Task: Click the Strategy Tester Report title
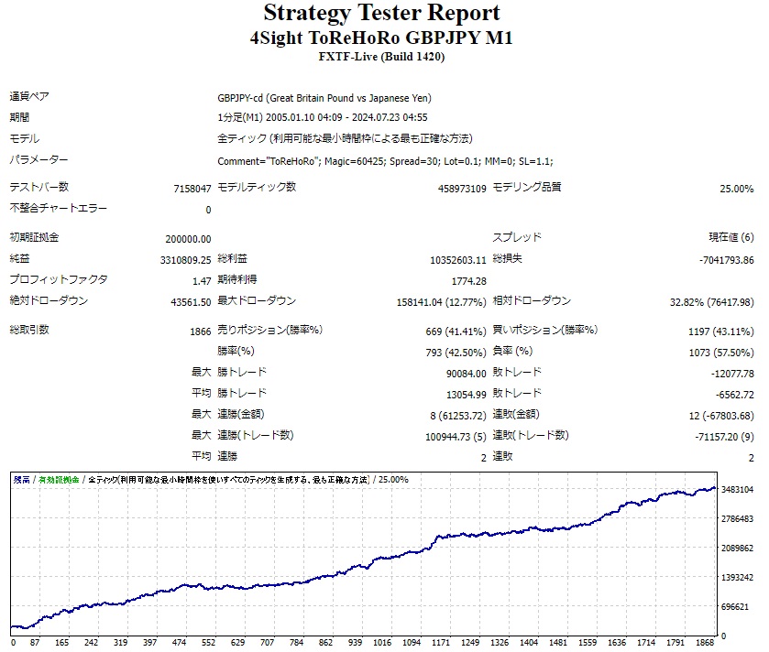pos(381,14)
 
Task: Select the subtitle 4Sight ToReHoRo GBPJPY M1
pos(381,38)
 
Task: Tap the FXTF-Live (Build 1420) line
pos(381,57)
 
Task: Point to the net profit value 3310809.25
pos(185,259)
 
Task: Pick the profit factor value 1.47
pos(202,280)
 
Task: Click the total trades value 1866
pos(200,331)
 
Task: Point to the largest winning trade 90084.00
pos(466,373)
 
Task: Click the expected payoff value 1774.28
pos(469,280)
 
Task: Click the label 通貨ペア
pos(29,97)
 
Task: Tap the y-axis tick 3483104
pos(737,490)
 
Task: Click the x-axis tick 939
pos(356,643)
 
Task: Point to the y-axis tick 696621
pos(737,606)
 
